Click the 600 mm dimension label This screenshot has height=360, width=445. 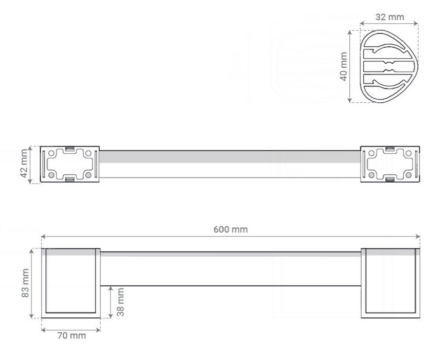[230, 229]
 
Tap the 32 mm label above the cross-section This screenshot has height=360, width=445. [389, 17]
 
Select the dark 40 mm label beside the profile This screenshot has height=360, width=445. [344, 66]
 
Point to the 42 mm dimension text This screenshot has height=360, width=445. [24, 164]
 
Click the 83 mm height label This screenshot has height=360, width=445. [25, 283]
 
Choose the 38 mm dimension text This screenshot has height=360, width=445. [120, 302]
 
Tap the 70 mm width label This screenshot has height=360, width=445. [72, 336]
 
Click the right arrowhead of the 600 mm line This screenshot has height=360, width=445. [418, 236]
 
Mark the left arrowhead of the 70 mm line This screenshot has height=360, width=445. [44, 330]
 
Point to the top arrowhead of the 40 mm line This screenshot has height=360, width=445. [350, 32]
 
